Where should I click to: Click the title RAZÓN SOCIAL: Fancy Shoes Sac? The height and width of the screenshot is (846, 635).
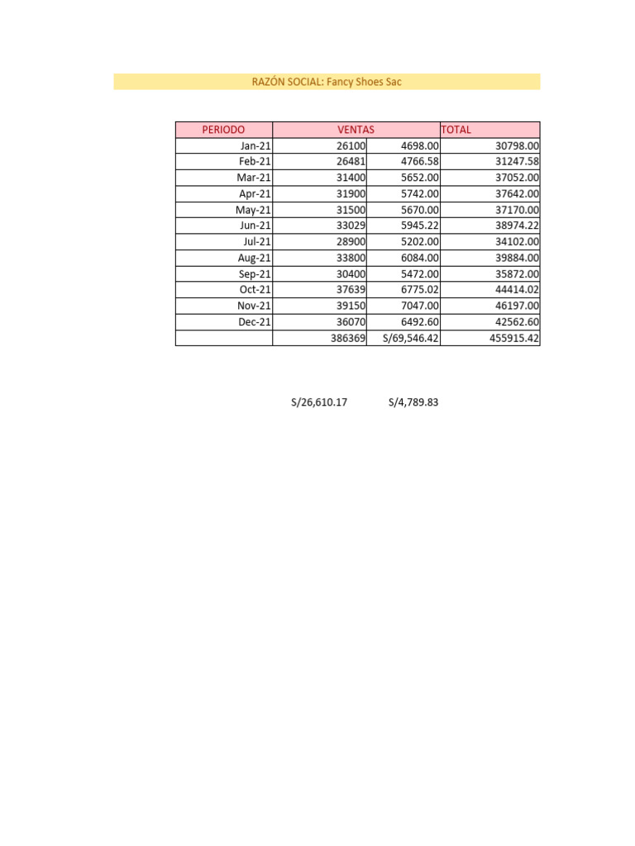pyautogui.click(x=327, y=82)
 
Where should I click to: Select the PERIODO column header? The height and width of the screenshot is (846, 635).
pyautogui.click(x=223, y=130)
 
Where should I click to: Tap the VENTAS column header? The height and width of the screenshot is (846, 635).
pyautogui.click(x=356, y=130)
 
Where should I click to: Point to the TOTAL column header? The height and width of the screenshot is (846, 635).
pyautogui.click(x=456, y=130)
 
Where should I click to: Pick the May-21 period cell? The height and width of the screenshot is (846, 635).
pyautogui.click(x=253, y=210)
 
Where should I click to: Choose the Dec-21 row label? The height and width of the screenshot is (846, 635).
pyautogui.click(x=255, y=322)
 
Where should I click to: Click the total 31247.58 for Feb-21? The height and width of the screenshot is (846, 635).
pyautogui.click(x=511, y=162)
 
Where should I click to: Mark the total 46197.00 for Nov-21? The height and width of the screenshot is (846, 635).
pyautogui.click(x=511, y=307)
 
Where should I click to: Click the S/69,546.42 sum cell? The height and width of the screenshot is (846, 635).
pyautogui.click(x=410, y=339)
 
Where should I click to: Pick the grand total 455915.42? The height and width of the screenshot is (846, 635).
pyautogui.click(x=508, y=339)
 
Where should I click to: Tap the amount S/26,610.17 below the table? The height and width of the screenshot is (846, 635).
pyautogui.click(x=319, y=403)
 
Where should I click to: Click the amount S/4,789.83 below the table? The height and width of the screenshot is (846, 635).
pyautogui.click(x=413, y=403)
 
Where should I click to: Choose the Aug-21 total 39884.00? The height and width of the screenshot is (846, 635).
pyautogui.click(x=511, y=258)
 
